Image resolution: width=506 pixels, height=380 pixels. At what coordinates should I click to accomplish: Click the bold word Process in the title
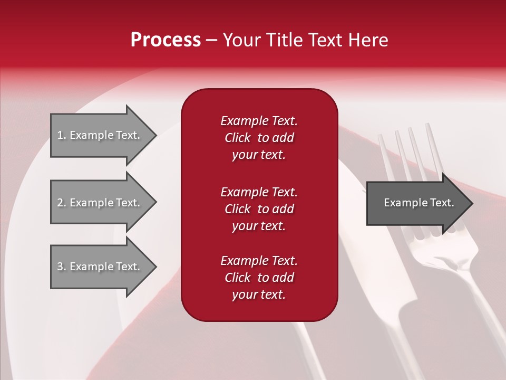(166, 40)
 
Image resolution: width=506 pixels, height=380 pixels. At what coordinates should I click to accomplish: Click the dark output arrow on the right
(416, 203)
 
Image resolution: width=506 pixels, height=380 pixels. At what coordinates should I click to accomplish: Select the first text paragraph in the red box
(259, 138)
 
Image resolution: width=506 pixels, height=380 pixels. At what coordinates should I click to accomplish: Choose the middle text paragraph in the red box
(259, 209)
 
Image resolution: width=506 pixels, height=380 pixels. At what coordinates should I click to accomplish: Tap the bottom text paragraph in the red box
(259, 278)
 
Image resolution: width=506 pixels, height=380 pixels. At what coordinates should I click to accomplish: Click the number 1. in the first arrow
(62, 135)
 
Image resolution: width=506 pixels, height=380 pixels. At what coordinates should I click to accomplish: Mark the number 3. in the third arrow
(62, 267)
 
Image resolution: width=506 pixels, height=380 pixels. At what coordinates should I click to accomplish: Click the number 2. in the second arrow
(62, 203)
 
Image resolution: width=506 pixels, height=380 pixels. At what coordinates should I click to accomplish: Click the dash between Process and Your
(212, 40)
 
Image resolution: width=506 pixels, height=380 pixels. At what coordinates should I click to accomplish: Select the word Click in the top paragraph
(238, 138)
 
